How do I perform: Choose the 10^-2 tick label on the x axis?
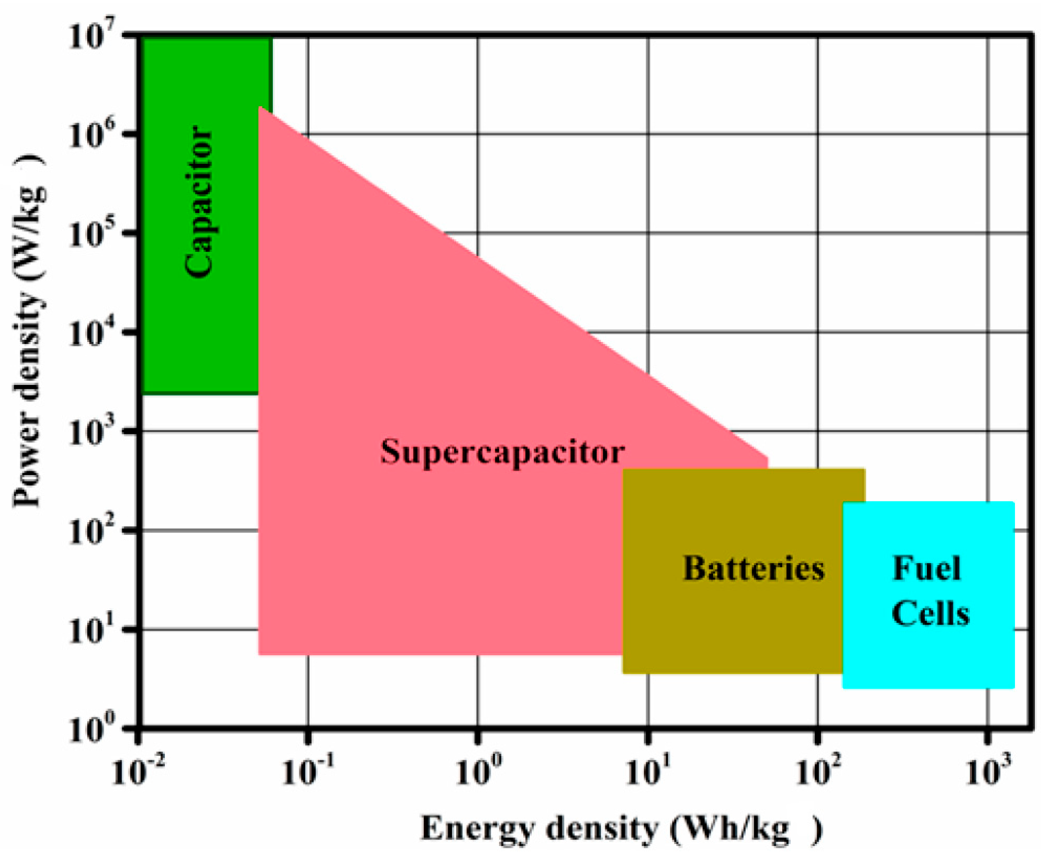tap(138, 771)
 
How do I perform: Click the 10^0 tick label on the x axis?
tap(477, 771)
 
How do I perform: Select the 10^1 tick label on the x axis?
tap(647, 771)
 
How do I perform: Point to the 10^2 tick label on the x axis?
tap(818, 771)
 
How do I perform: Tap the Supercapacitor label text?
tap(502, 452)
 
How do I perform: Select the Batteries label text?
tap(754, 569)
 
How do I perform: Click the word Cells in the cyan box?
tap(930, 613)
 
